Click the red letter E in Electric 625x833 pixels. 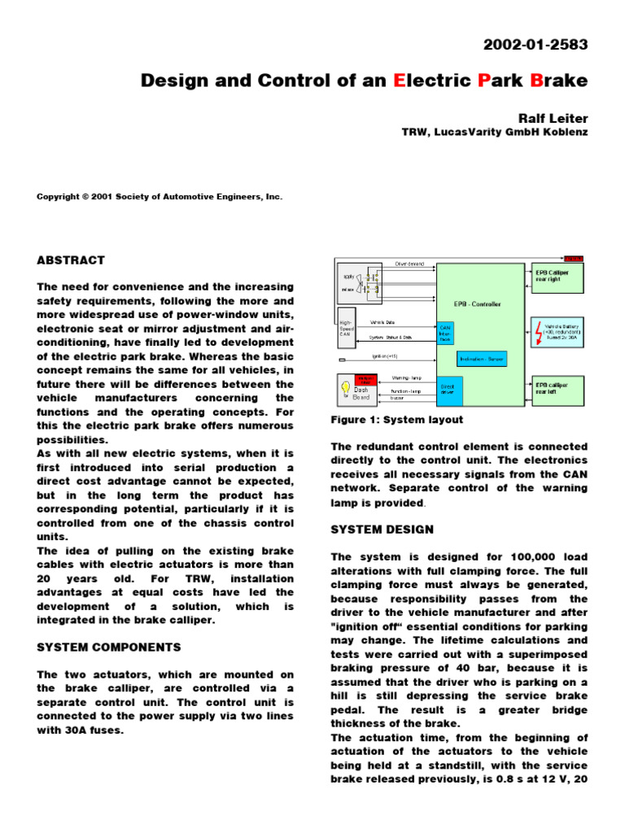pos(398,81)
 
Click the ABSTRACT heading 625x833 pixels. pos(71,260)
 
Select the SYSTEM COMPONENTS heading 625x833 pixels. pos(109,648)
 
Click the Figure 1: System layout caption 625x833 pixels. pos(396,420)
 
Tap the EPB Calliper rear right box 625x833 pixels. pos(557,277)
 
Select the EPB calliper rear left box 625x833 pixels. pos(557,387)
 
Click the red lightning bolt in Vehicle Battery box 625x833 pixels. pos(538,329)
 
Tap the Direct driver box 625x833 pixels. pos(449,390)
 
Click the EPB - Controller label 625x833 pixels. pos(477,304)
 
